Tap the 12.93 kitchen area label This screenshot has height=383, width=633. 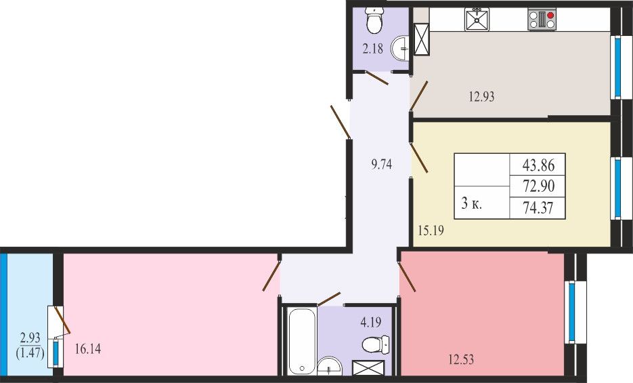tap(481, 97)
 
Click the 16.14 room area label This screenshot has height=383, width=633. tap(88, 351)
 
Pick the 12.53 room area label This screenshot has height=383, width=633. tap(460, 359)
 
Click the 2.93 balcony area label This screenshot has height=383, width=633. tap(30, 338)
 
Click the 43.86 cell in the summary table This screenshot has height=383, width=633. tap(537, 165)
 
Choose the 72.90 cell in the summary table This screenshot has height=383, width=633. tap(537, 186)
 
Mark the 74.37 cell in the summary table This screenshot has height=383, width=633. tap(537, 208)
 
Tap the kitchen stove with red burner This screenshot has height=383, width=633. tap(542, 20)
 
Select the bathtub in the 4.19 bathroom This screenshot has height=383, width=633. tap(301, 341)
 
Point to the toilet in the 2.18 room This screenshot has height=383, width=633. tap(374, 21)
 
